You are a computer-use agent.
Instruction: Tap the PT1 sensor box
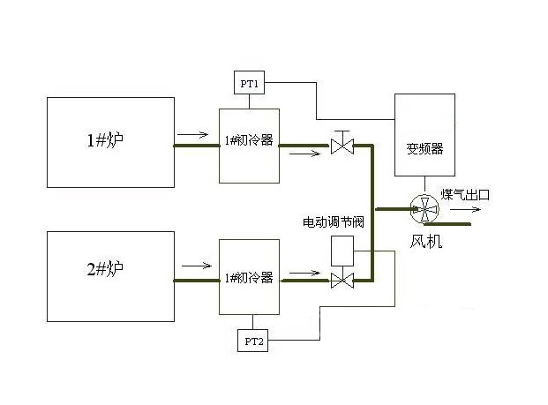(247, 84)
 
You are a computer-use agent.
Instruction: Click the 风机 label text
(426, 240)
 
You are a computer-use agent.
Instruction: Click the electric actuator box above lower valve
(342, 251)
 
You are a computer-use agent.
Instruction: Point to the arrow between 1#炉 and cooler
(192, 135)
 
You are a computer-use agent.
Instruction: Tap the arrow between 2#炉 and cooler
(195, 264)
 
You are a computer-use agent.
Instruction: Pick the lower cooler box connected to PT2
(249, 276)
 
